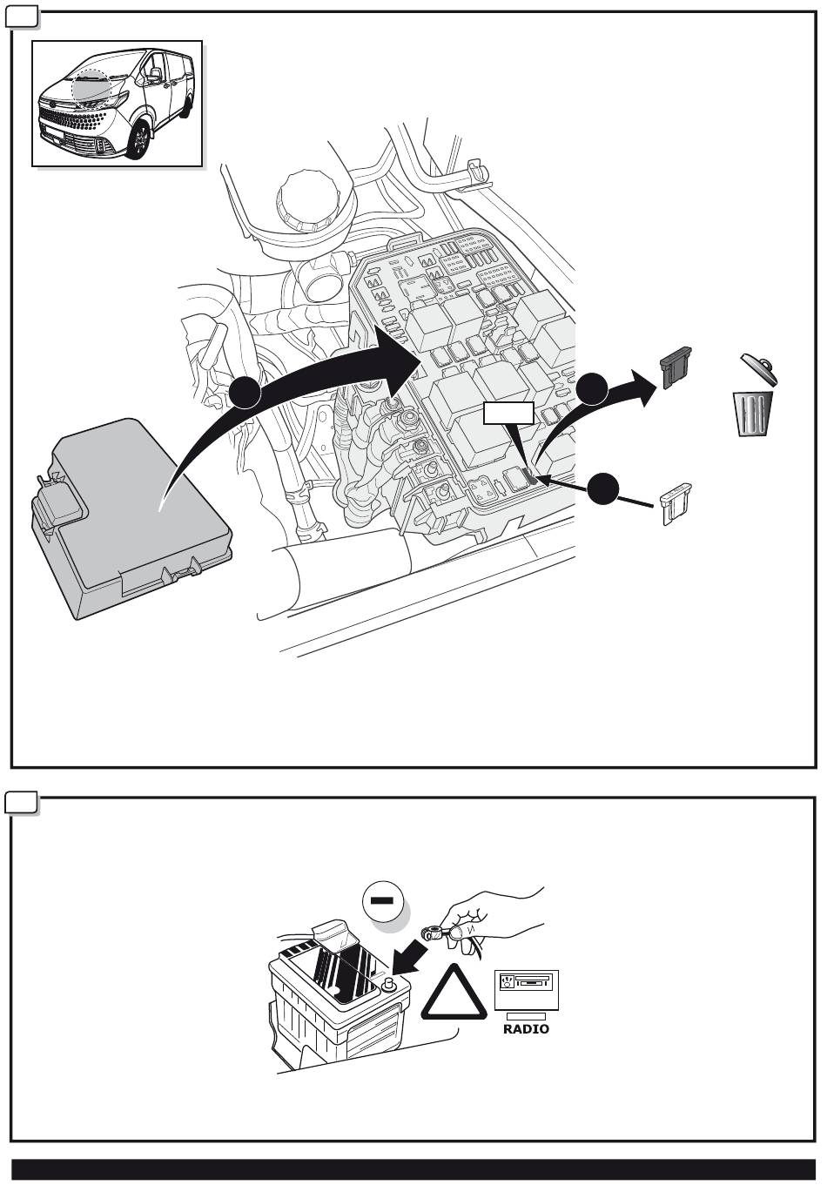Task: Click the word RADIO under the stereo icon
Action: [526, 1028]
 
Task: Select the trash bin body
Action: [754, 414]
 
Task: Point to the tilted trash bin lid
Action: [758, 368]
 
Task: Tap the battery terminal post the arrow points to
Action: [389, 985]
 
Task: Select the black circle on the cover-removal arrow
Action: [245, 393]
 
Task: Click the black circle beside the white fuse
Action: [603, 488]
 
